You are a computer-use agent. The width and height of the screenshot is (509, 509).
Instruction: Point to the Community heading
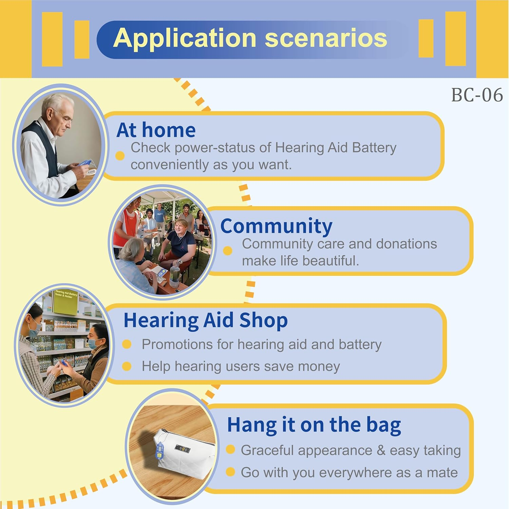(x=276, y=226)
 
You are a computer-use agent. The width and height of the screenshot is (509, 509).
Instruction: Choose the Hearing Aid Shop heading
(x=206, y=320)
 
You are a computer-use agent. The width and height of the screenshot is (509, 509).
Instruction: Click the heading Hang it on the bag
(x=314, y=425)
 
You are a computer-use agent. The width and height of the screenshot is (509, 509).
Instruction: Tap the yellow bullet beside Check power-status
(x=120, y=156)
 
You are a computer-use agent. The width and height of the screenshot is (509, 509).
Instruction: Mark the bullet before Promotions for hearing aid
(x=127, y=344)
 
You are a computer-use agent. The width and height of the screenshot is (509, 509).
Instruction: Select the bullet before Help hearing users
(x=127, y=366)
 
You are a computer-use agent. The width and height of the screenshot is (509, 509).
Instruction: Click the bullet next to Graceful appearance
(x=230, y=450)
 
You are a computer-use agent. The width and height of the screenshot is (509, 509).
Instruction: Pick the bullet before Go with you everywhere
(x=230, y=472)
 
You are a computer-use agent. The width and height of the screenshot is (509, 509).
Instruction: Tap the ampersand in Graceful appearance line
(x=381, y=450)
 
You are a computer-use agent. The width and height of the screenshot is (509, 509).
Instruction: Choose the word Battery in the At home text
(x=374, y=148)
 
